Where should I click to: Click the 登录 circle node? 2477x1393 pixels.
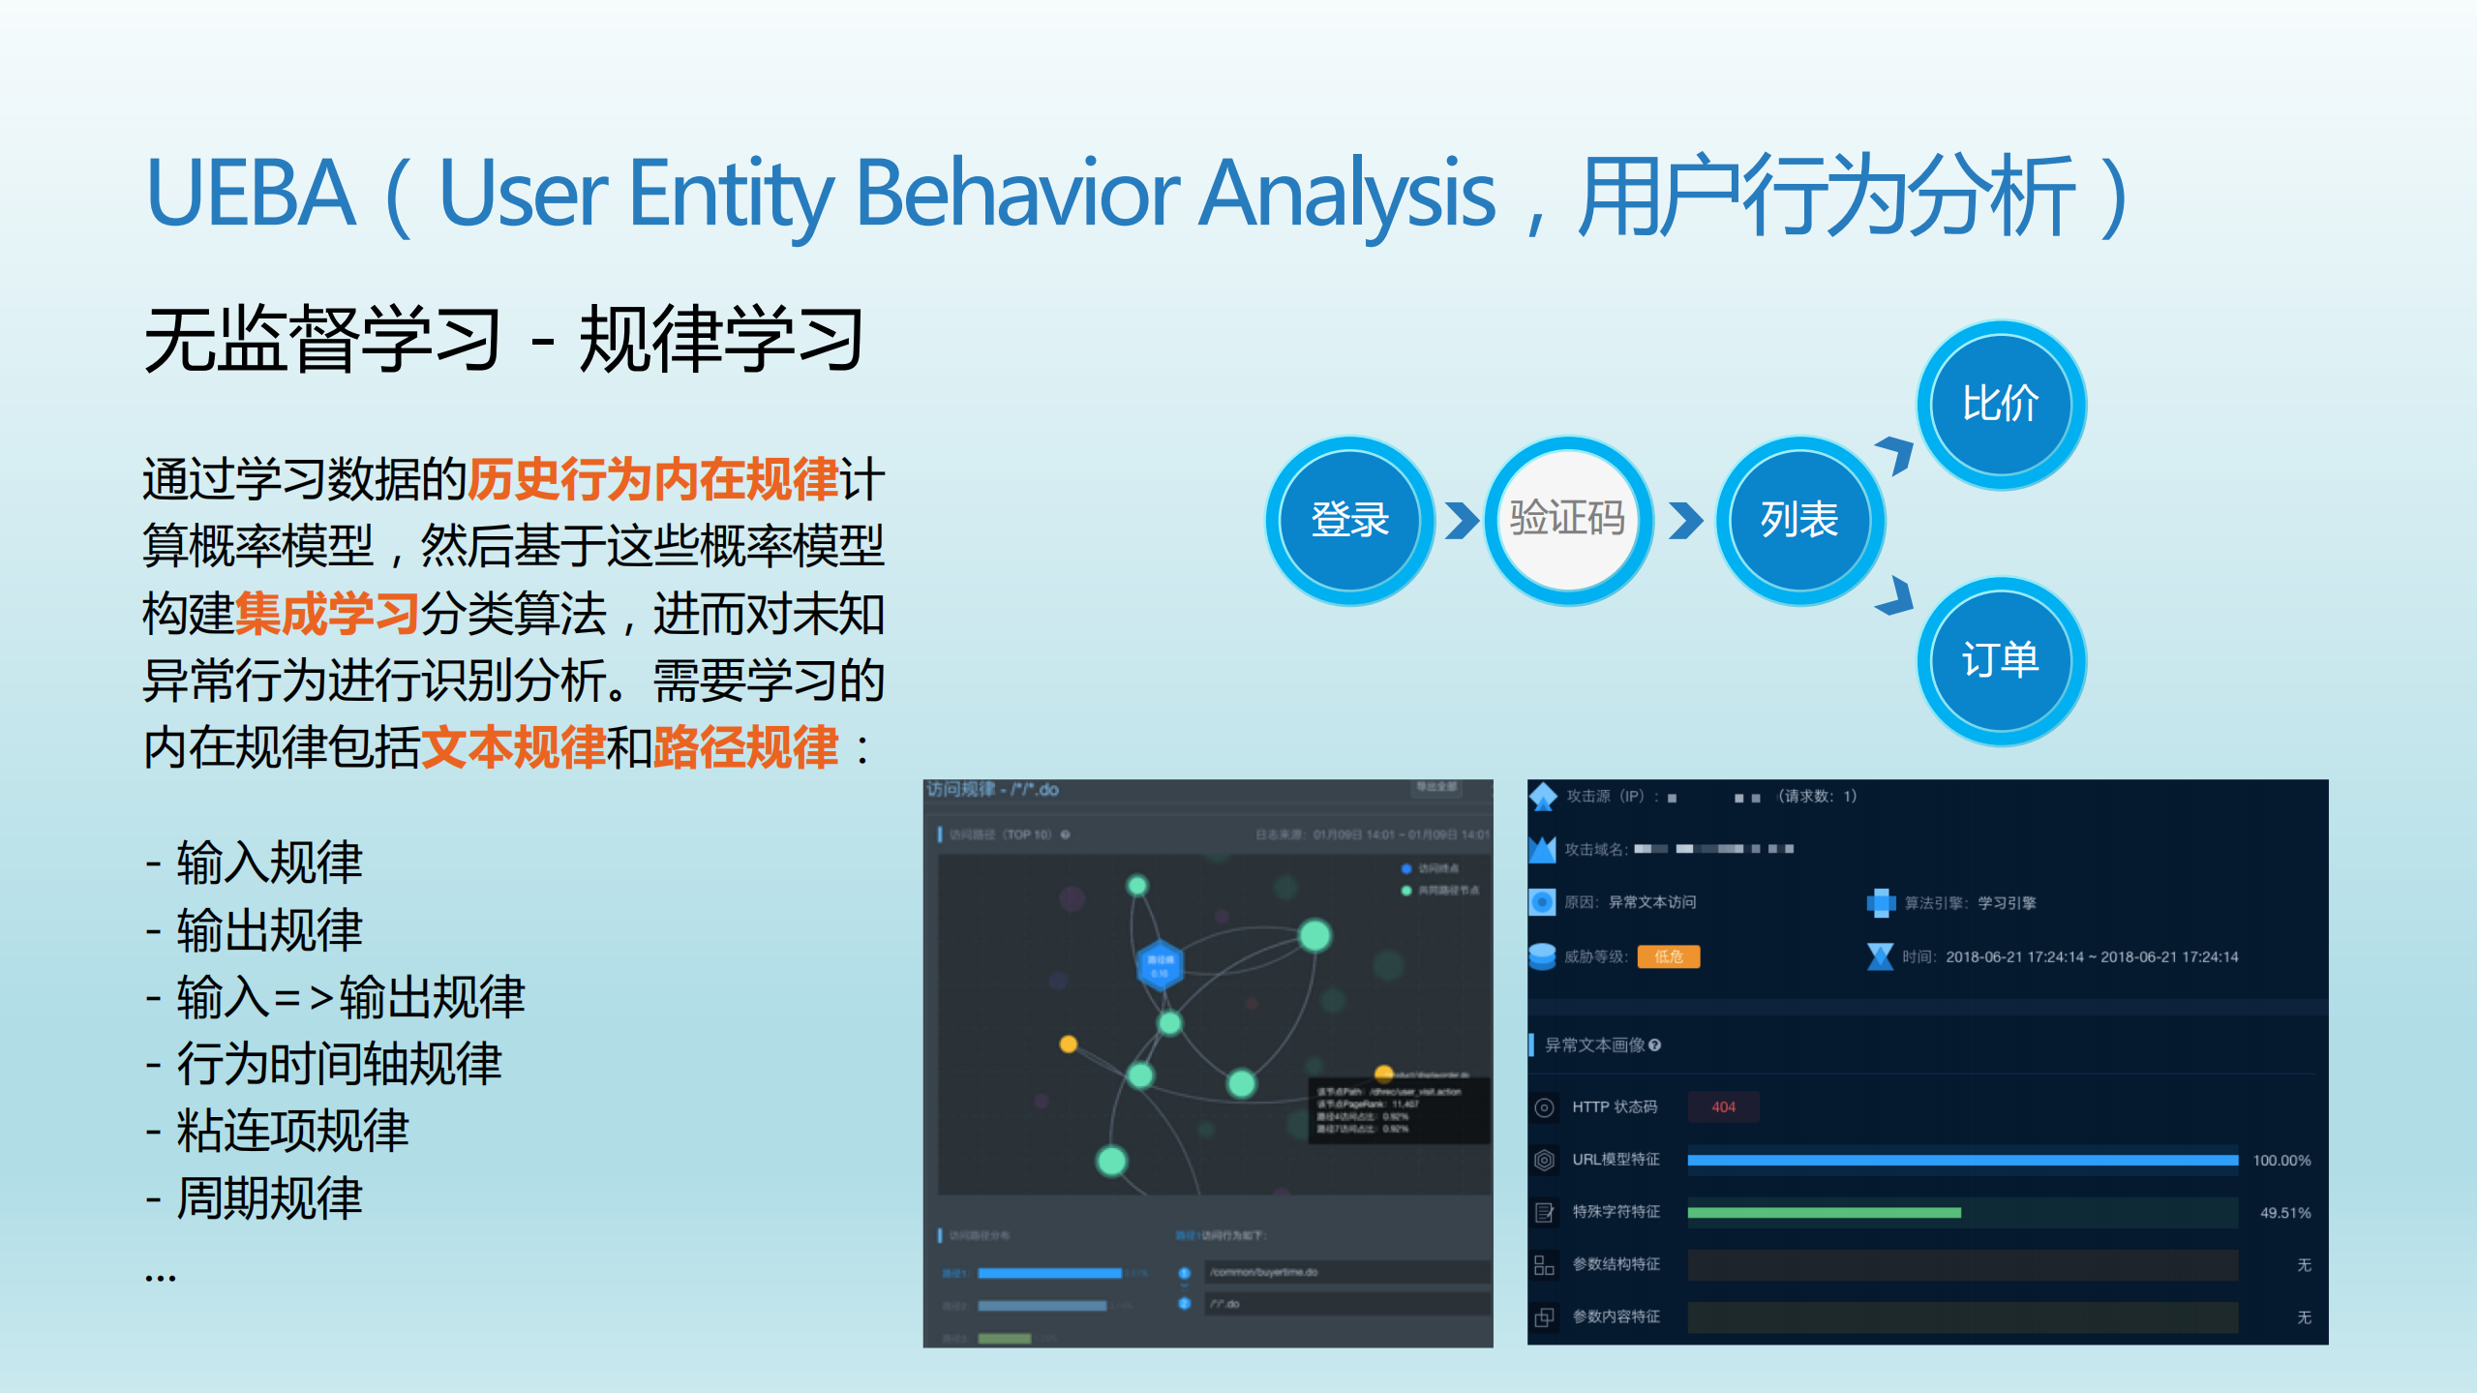tap(1349, 520)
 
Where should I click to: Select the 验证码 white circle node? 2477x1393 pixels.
tap(1567, 520)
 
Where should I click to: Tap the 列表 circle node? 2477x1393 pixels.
tap(1798, 520)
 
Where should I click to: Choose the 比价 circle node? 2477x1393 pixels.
tap(2000, 404)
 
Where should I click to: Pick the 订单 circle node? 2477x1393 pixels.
tap(2000, 661)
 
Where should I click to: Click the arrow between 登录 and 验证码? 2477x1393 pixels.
tap(1461, 520)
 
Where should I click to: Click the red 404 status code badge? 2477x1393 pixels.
tap(1723, 1106)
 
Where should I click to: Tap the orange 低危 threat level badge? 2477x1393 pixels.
tap(1668, 956)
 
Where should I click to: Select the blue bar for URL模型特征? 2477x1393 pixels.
tap(1962, 1160)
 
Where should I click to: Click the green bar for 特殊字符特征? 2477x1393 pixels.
tap(1824, 1212)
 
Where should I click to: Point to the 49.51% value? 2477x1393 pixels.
tap(2284, 1213)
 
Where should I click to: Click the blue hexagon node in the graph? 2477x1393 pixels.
tap(1159, 965)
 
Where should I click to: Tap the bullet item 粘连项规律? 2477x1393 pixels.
tap(292, 1131)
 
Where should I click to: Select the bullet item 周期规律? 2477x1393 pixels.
tap(269, 1198)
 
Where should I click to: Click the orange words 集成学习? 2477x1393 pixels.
tap(327, 614)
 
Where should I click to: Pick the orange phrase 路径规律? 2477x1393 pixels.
tap(745, 747)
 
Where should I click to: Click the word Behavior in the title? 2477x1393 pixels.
tap(1017, 194)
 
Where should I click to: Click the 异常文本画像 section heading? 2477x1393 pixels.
tap(1595, 1045)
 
